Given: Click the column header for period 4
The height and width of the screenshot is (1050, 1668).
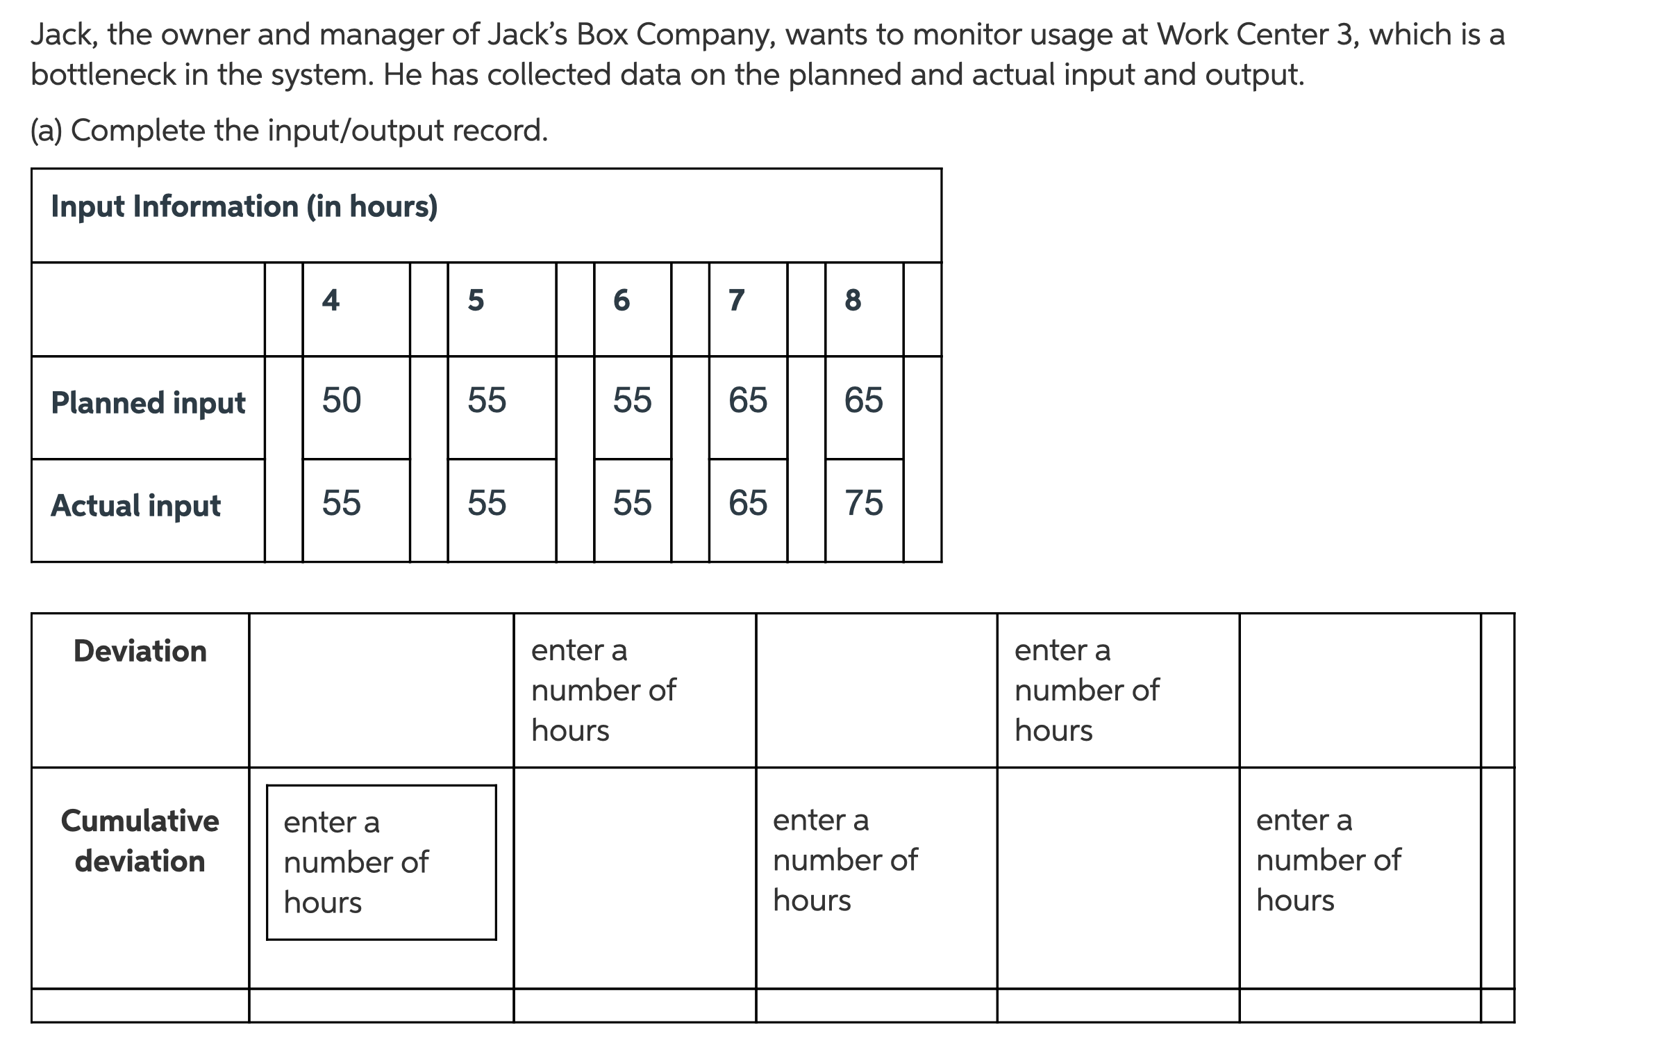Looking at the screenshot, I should tap(331, 300).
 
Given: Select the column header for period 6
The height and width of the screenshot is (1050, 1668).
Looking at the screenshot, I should tap(622, 300).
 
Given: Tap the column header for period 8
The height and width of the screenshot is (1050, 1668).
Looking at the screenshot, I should tap(853, 300).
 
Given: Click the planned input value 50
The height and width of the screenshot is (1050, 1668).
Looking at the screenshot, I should tap(342, 400).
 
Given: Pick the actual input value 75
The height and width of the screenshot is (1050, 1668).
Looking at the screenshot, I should tap(864, 502).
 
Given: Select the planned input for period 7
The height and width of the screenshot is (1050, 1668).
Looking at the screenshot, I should tap(748, 400).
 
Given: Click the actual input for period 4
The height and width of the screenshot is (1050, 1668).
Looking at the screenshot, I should tap(342, 502).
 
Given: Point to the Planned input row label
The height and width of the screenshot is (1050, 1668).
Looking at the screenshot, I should tap(148, 403).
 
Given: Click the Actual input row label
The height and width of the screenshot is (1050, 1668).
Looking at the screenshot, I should tap(136, 505).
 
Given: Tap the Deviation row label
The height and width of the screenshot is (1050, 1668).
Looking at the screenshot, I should tap(140, 651).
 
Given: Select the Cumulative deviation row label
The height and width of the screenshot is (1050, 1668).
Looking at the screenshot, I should tap(140, 841).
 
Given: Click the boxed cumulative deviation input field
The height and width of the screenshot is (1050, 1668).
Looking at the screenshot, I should tap(381, 862).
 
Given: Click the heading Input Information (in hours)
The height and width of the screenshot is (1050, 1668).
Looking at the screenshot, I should tap(244, 206).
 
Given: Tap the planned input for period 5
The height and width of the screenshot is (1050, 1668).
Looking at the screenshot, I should tap(487, 400).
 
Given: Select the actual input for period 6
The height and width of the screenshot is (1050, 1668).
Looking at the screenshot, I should tap(632, 502).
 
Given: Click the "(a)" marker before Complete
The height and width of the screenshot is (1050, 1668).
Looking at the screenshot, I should tap(46, 130).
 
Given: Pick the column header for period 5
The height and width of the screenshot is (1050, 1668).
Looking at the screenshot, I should tap(476, 300).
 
